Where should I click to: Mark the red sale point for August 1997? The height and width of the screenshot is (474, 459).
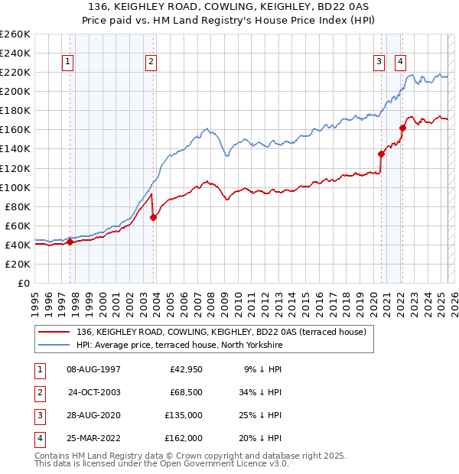[70, 242]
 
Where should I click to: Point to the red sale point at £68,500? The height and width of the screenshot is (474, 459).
[154, 217]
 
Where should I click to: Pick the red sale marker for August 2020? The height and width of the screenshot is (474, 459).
[381, 153]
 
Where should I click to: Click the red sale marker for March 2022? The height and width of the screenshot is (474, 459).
[402, 128]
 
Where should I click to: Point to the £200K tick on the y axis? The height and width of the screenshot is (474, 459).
[16, 91]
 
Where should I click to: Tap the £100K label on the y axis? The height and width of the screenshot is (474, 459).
[16, 187]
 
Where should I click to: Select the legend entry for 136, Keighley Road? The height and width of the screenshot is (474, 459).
[222, 332]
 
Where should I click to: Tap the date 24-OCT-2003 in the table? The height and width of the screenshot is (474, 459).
[94, 393]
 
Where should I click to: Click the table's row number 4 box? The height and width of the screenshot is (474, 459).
[37, 439]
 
